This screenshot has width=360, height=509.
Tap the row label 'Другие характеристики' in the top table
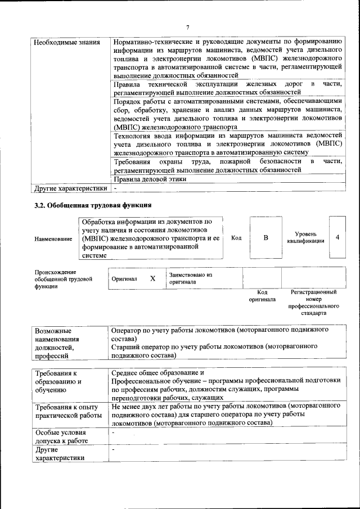(x=70, y=188)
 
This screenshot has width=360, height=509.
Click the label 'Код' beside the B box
(x=236, y=238)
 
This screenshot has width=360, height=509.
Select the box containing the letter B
(x=265, y=238)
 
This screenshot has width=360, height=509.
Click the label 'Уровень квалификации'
(x=305, y=237)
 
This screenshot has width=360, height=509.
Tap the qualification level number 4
(x=337, y=237)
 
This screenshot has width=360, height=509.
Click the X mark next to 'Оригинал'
(x=152, y=278)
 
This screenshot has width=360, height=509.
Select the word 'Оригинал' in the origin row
(x=124, y=279)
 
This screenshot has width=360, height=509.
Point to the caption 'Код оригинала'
(x=262, y=296)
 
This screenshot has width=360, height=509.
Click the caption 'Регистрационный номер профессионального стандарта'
(x=313, y=304)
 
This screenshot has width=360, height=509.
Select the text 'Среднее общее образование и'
(x=158, y=373)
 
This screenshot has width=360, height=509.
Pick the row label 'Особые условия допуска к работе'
(x=61, y=436)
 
